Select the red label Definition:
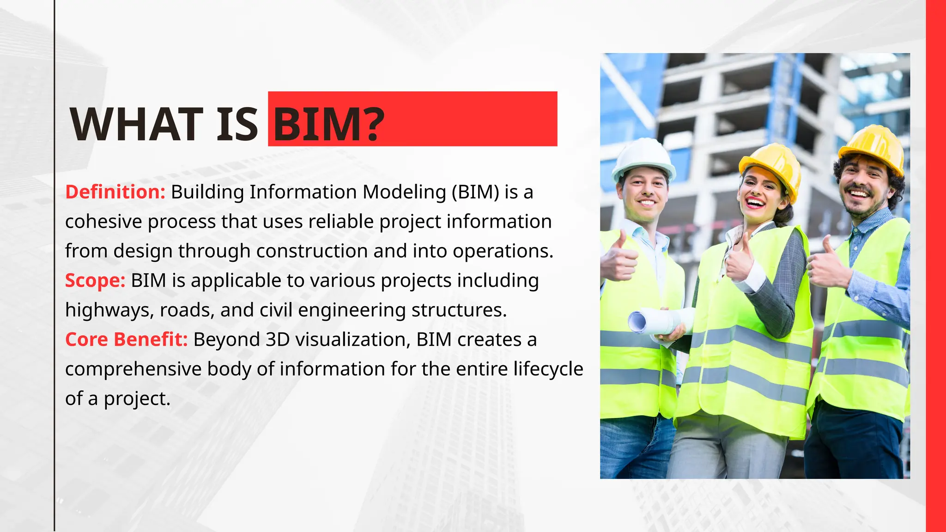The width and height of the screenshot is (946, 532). [x=115, y=192]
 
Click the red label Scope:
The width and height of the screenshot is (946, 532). [x=95, y=280]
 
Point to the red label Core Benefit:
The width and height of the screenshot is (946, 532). [x=126, y=339]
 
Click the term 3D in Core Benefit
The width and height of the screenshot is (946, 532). [x=277, y=339]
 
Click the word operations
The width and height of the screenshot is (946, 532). [x=503, y=251]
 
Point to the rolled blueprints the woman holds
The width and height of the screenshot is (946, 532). [x=658, y=320]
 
